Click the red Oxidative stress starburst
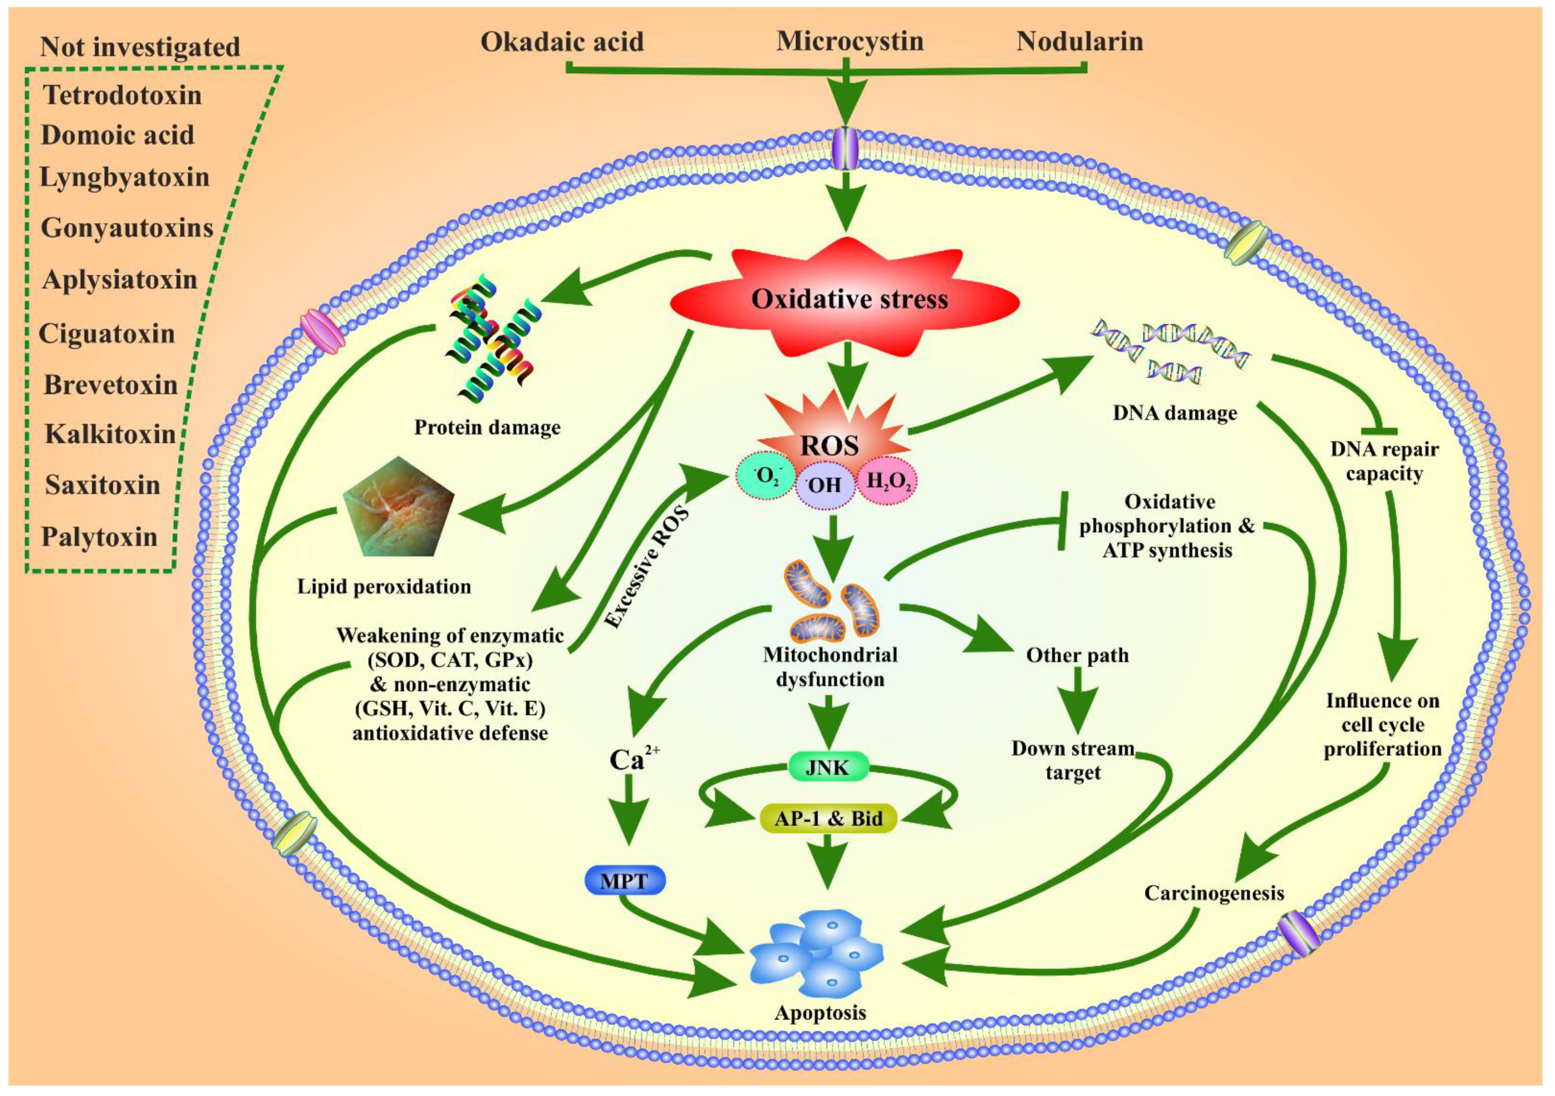click(847, 298)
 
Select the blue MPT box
click(624, 881)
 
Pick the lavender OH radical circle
click(824, 486)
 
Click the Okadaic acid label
click(562, 42)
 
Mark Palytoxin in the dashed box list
click(99, 537)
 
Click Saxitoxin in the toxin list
click(102, 485)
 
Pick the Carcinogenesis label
click(1214, 893)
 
